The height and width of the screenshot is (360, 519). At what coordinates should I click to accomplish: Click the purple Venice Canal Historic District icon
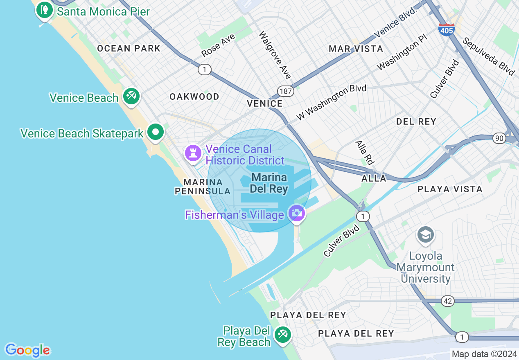[x=192, y=153]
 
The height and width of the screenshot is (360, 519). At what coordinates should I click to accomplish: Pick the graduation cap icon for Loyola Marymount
[x=426, y=235]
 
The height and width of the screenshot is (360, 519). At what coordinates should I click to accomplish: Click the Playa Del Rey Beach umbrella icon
[x=282, y=335]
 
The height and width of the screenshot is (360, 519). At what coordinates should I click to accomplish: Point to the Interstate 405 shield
[x=446, y=29]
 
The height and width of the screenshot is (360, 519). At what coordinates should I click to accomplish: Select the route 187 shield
[x=285, y=91]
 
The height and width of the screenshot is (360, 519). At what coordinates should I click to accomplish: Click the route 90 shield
[x=499, y=138]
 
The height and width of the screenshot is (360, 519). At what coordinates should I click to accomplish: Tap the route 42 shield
[x=448, y=301]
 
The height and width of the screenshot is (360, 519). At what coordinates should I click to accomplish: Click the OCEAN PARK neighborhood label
[x=129, y=49]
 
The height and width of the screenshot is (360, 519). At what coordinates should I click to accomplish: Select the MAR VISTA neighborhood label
[x=356, y=49]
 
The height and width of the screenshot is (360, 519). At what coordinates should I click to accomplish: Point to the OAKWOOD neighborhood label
[x=194, y=97]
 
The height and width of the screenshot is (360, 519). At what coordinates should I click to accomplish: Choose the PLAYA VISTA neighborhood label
[x=450, y=189]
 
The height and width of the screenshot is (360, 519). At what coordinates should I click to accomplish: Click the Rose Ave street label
[x=218, y=45]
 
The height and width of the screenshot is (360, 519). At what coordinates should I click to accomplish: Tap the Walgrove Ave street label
[x=275, y=55]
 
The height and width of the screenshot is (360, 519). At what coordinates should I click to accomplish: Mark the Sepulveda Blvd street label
[x=488, y=56]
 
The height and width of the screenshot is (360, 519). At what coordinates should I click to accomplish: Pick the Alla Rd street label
[x=365, y=153]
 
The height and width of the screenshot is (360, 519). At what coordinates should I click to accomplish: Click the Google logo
[x=27, y=350]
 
